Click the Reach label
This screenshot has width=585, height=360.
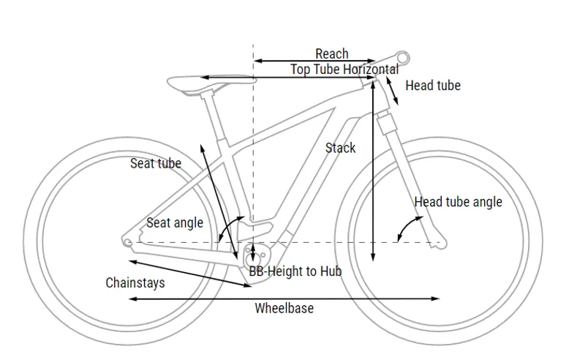pyautogui.click(x=331, y=54)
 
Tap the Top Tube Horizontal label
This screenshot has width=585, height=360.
pyautogui.click(x=344, y=70)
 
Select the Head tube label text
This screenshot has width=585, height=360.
pyautogui.click(x=433, y=86)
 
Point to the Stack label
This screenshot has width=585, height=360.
pyautogui.click(x=340, y=148)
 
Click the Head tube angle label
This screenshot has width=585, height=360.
pyautogui.click(x=458, y=201)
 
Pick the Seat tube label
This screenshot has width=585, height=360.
pyautogui.click(x=155, y=163)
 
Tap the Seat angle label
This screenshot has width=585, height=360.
pyautogui.click(x=175, y=222)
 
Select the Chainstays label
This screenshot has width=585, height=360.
pyautogui.click(x=135, y=282)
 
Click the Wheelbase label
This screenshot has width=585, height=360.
pyautogui.click(x=284, y=308)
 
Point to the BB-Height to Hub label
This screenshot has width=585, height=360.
pyautogui.click(x=295, y=271)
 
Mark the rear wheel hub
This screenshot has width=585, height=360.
pyautogui.click(x=129, y=241)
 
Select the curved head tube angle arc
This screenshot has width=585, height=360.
pyautogui.click(x=403, y=228)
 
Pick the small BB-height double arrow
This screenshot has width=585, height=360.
pyautogui.click(x=253, y=252)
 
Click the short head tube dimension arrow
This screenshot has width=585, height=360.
pyautogui.click(x=393, y=91)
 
